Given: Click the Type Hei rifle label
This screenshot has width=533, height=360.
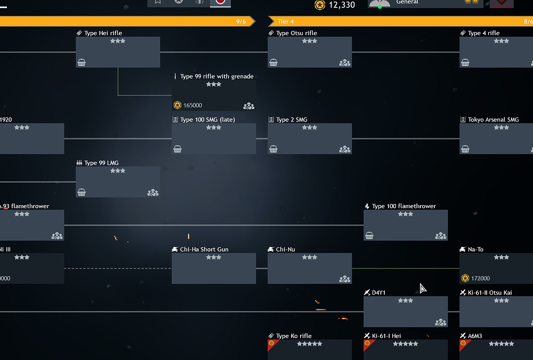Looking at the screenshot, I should click(x=103, y=33).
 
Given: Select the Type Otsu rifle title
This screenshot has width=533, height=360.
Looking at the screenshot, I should click(x=296, y=33).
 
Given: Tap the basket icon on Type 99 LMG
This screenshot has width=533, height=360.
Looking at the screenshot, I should click(x=82, y=192).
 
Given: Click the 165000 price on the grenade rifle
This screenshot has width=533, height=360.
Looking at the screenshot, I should click(x=192, y=105).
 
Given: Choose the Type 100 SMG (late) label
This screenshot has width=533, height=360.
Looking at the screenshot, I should click(x=207, y=120).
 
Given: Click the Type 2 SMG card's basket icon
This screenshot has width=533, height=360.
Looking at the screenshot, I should click(x=273, y=149).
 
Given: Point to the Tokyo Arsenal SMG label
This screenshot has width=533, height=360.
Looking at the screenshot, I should click(x=493, y=120).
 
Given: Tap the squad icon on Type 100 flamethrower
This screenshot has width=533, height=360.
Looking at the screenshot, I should click(x=440, y=235).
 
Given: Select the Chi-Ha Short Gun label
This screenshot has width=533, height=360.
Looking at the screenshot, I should click(x=204, y=249).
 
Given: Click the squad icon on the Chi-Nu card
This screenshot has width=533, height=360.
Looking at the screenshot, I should click(x=344, y=279).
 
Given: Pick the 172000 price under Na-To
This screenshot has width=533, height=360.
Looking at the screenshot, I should click(x=480, y=279).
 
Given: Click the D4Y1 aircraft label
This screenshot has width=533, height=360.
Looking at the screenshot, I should click(x=378, y=293).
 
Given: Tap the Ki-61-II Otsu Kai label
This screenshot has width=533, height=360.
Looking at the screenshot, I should click(x=489, y=293).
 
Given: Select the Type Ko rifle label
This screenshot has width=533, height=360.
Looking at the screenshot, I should click(x=294, y=336).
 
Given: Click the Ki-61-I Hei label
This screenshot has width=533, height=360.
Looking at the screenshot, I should click(x=386, y=336).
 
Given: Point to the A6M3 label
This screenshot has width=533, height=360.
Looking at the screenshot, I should click(x=476, y=336).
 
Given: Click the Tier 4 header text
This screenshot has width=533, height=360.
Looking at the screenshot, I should click(x=286, y=21).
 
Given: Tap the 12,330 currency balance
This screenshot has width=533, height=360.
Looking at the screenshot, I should click(x=342, y=5).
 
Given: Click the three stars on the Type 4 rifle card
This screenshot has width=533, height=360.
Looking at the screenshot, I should click(x=501, y=41).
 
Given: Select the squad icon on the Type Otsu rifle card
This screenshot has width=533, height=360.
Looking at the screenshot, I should click(x=344, y=62).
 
